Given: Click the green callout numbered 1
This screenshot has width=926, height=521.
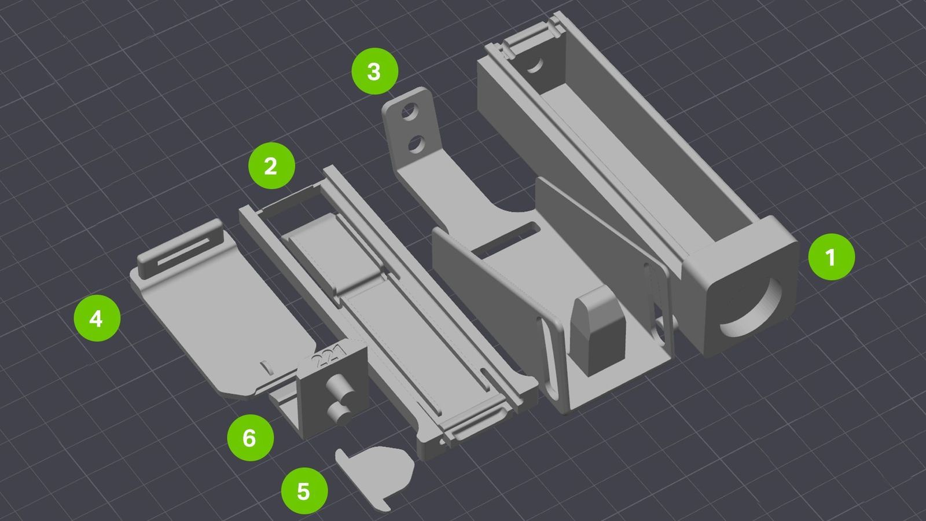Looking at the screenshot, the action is click(831, 257).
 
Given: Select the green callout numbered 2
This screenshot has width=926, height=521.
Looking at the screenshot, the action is click(271, 166).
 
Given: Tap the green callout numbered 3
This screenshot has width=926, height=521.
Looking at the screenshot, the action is click(375, 71).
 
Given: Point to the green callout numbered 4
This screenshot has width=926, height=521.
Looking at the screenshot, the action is click(97, 318).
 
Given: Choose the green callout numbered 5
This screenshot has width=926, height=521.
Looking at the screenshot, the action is click(304, 491).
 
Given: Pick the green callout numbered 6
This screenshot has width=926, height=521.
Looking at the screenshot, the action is click(251, 438).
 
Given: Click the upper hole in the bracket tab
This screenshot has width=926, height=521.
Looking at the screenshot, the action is click(410, 112).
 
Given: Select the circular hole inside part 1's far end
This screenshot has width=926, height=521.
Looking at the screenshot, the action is click(535, 65).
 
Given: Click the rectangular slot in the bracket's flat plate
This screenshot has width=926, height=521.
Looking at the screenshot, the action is click(507, 239).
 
